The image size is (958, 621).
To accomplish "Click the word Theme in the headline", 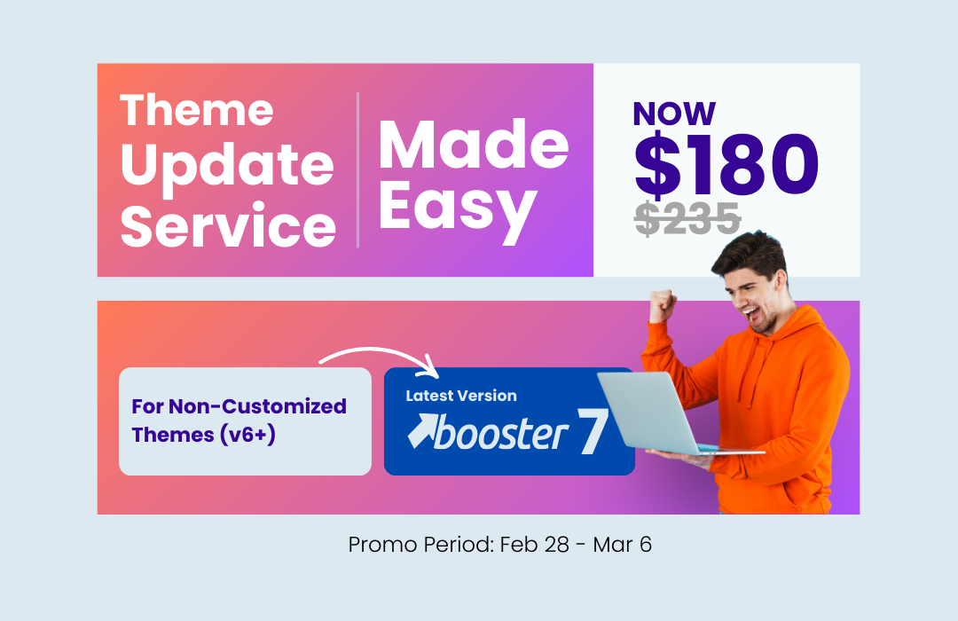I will click(x=197, y=110).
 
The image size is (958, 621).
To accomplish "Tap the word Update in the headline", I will click(x=227, y=166).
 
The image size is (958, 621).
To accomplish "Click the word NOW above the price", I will click(x=674, y=114).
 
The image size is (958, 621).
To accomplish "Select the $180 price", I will click(x=726, y=165).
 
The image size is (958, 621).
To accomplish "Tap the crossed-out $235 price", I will click(x=687, y=218).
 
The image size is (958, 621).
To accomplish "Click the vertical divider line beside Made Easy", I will click(x=357, y=169).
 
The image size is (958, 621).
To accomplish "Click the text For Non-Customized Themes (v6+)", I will click(x=239, y=421).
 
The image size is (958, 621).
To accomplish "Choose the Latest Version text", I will click(x=460, y=396).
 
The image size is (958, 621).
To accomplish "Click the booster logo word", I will click(x=501, y=435).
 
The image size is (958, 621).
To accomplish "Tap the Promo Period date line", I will click(x=499, y=544).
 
